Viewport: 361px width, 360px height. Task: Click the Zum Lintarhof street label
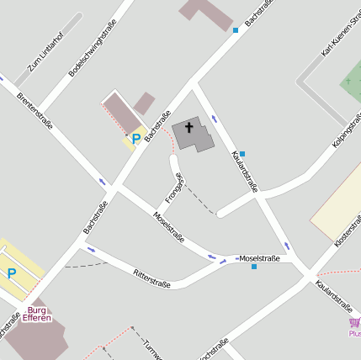tap(45, 54)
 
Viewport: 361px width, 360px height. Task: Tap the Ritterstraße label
tap(152, 278)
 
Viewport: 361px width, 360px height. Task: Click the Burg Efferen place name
tap(36, 314)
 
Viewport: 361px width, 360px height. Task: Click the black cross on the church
tap(189, 128)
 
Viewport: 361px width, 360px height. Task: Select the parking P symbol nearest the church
tap(135, 139)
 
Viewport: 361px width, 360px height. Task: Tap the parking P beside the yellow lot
tap(12, 273)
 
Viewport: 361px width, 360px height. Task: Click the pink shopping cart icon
tap(353, 323)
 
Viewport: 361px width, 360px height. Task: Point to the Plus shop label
tap(354, 333)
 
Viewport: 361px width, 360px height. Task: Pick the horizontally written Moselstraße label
tap(260, 257)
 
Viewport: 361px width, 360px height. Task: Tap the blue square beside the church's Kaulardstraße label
tap(242, 154)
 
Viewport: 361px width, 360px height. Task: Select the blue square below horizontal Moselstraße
tap(254, 267)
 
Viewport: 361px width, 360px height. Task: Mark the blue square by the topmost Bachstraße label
tap(236, 30)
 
